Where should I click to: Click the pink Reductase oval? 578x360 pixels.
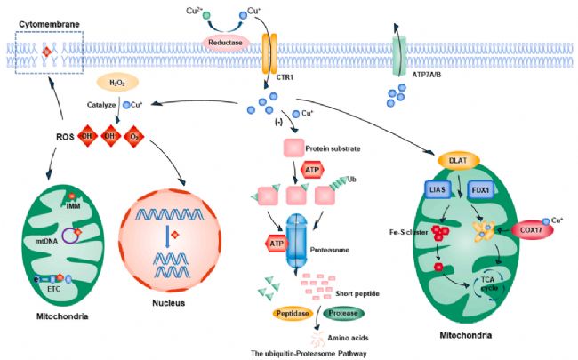pyautogui.click(x=225, y=43)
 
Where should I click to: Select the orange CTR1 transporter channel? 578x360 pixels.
pyautogui.click(x=269, y=53)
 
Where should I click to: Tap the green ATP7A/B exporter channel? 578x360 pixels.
pyautogui.click(x=399, y=56)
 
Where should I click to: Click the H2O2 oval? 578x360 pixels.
pyautogui.click(x=117, y=83)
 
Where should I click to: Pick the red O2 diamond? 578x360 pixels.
pyautogui.click(x=134, y=136)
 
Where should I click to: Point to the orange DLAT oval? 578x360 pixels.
pyautogui.click(x=459, y=161)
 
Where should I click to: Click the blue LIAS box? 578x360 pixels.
pyautogui.click(x=438, y=189)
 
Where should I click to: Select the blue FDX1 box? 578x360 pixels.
pyautogui.click(x=481, y=190)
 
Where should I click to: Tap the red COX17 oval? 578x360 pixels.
pyautogui.click(x=532, y=230)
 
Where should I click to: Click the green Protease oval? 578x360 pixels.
pyautogui.click(x=343, y=313)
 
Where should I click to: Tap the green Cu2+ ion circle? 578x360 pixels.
pyautogui.click(x=206, y=15)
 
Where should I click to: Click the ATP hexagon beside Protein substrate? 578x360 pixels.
pyautogui.click(x=313, y=171)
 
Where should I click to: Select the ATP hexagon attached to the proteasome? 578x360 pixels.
pyautogui.click(x=276, y=244)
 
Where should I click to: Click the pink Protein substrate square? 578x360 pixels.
pyautogui.click(x=293, y=148)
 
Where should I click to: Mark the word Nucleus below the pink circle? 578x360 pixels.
pyautogui.click(x=168, y=303)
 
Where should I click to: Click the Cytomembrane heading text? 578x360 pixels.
pyautogui.click(x=49, y=25)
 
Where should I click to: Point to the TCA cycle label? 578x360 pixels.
pyautogui.click(x=489, y=284)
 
